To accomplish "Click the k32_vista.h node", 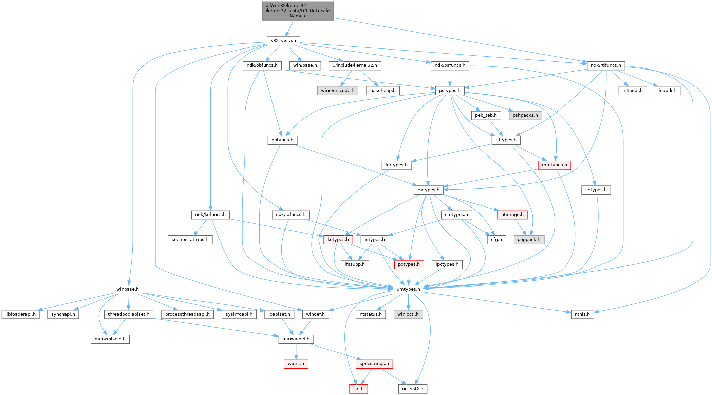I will tap(283, 41).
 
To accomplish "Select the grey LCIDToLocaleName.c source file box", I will tap(298, 11).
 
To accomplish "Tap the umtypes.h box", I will tap(408, 289).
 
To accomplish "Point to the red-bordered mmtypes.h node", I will tap(554, 165).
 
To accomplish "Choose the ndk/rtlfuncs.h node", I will tap(606, 65).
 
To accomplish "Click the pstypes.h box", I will tap(450, 91).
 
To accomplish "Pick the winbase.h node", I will tap(128, 289).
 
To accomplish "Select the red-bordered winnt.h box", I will tap(296, 364).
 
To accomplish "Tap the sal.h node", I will tap(358, 389).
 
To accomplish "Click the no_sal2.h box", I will tap(413, 389).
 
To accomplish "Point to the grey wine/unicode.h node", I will tap(337, 91).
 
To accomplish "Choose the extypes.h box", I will tap(428, 190).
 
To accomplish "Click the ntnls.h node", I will tap(582, 314).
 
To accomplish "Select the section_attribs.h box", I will tap(190, 240).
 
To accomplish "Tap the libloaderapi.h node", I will tap(20, 314).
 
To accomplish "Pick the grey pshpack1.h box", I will tap(525, 115).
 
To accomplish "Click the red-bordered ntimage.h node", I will tap(512, 215).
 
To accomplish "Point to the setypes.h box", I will tap(596, 190).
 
